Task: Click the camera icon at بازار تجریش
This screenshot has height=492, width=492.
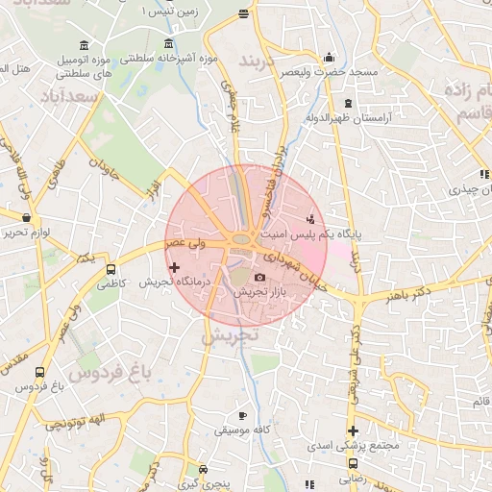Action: click(259, 278)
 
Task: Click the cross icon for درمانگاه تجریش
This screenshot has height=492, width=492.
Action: click(174, 268)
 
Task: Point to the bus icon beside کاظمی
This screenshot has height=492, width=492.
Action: click(111, 270)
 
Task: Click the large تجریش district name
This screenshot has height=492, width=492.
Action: click(231, 337)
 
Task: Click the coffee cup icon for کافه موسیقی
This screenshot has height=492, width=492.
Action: click(242, 417)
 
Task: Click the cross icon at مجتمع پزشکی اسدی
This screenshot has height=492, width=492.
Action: click(354, 431)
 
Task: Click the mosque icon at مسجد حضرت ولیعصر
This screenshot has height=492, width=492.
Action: click(330, 57)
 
